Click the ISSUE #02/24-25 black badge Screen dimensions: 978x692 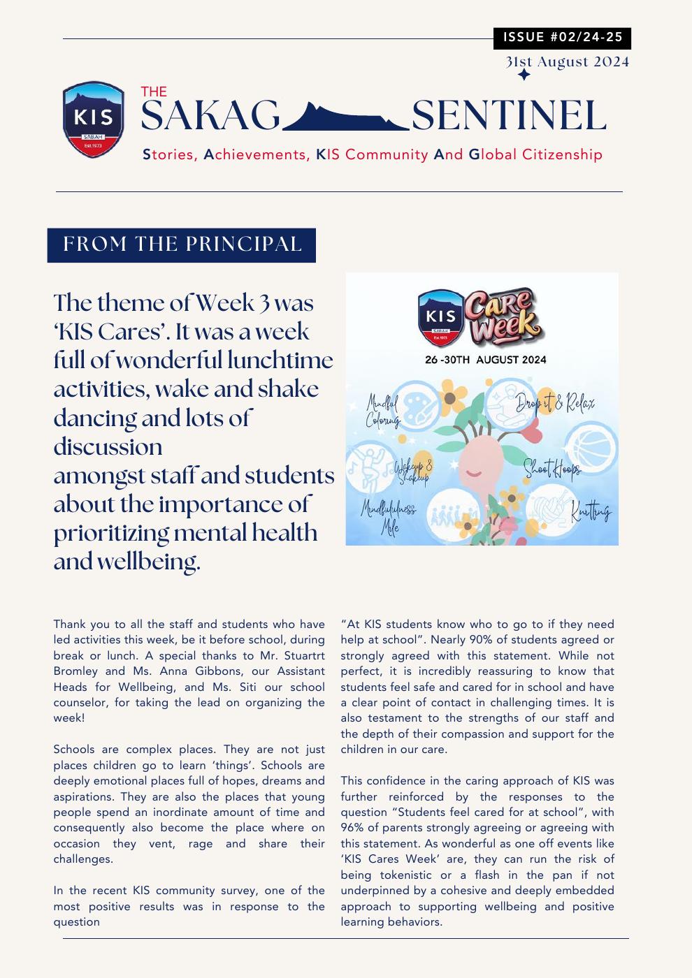point(562,38)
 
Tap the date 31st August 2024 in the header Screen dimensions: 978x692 point(568,61)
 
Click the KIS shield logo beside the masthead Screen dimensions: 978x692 point(94,119)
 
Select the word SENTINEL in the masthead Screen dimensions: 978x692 point(509,116)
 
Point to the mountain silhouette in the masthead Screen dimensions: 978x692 point(345,117)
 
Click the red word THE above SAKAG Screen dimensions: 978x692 point(154,92)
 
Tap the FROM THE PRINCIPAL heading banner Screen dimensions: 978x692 point(182,245)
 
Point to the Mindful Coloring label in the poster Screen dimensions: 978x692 point(382,411)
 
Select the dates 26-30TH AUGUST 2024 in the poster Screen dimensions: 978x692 point(486,360)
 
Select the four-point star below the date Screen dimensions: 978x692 point(524,75)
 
